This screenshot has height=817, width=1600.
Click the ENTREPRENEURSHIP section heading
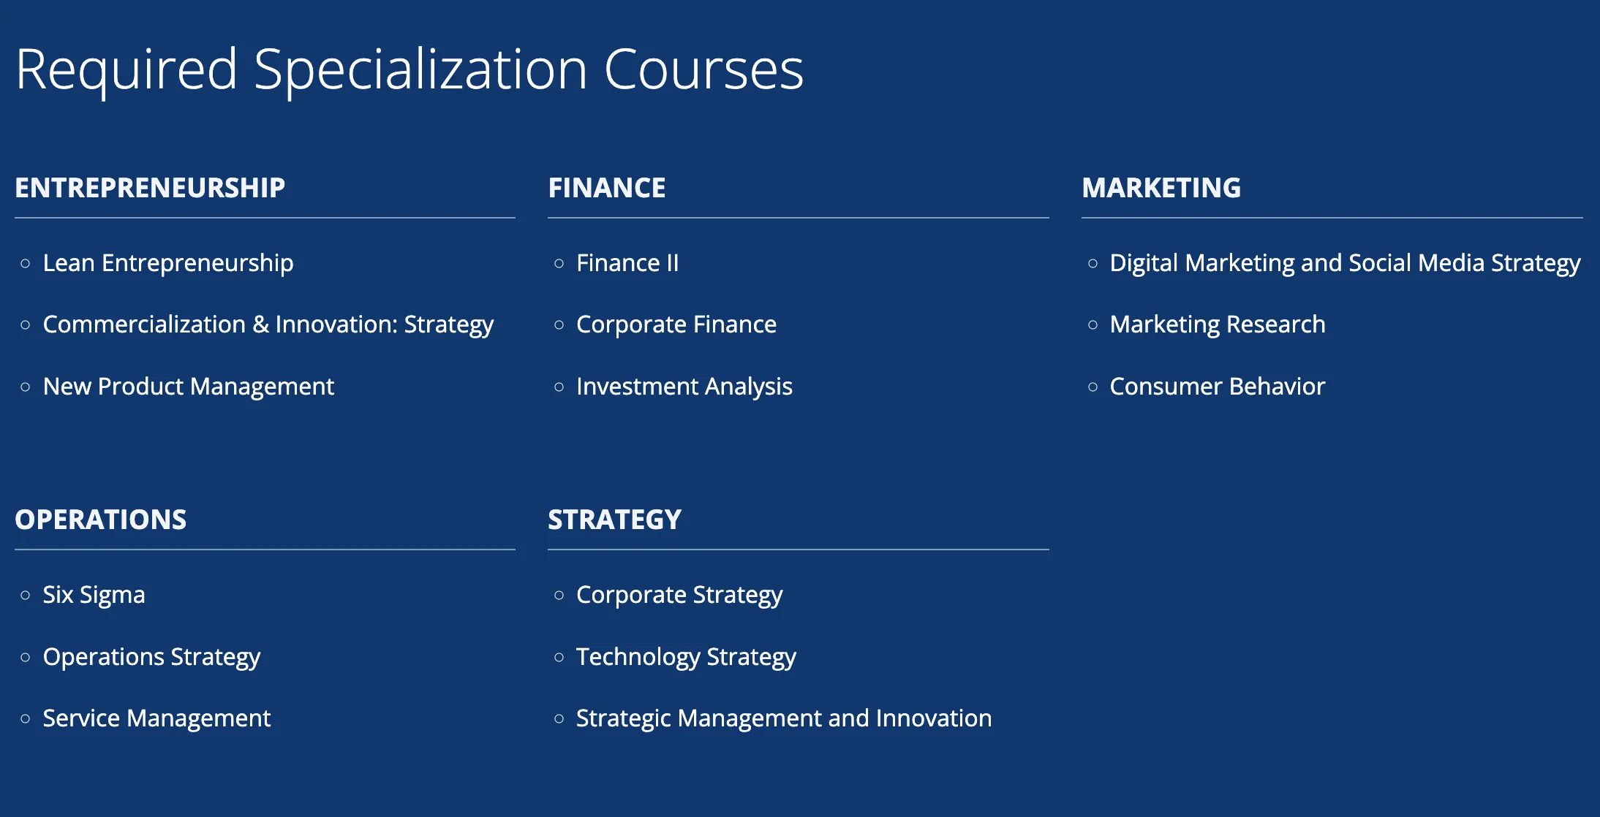[150, 188]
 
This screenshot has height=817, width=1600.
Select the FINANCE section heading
[607, 188]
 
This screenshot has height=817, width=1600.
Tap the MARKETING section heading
[1161, 188]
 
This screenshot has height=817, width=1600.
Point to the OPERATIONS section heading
[101, 520]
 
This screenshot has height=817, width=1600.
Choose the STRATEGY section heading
[615, 520]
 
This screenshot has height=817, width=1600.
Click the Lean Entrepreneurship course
[168, 263]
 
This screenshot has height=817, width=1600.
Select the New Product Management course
[189, 387]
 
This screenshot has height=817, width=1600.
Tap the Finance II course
[627, 263]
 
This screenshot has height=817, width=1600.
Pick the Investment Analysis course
[684, 387]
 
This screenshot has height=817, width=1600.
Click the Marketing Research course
[1218, 324]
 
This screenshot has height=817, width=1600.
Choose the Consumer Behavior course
[1218, 387]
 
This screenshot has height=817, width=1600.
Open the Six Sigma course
[94, 595]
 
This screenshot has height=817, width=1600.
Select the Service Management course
[157, 718]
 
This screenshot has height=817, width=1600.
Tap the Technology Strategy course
[686, 657]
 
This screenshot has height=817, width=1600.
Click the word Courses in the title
[703, 70]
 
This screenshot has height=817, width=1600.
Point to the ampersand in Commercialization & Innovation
[261, 324]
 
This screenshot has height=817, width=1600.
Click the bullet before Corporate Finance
[559, 325]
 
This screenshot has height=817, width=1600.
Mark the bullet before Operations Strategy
[26, 658]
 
